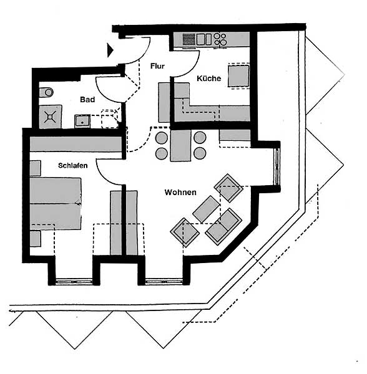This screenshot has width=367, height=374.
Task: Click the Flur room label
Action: pos(157,66)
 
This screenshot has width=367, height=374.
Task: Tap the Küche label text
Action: pos(208,79)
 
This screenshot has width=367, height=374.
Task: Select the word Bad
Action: pos(87,100)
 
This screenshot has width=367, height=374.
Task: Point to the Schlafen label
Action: pos(72,165)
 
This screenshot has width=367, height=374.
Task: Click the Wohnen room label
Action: pos(180,192)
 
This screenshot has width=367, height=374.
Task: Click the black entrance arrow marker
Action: pos(110,50)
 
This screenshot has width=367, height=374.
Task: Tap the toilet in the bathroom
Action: pos(46,92)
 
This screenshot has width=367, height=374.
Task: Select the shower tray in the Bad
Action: pos(51,117)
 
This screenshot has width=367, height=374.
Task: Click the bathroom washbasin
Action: pos(82,121)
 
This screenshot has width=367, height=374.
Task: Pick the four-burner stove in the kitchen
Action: pos(220,39)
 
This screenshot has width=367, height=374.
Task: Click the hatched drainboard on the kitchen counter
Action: pos(189,39)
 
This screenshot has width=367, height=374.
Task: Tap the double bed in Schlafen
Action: pos(56,203)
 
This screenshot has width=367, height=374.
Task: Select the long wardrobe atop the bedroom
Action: pos(76,144)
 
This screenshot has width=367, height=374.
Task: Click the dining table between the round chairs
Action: pos(180,145)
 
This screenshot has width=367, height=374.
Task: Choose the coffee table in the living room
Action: pos(206,209)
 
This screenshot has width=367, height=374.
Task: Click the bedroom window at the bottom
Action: pos(74,282)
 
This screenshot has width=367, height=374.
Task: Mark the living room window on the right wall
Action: pos(277,166)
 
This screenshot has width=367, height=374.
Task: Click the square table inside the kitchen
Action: pos(238,76)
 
